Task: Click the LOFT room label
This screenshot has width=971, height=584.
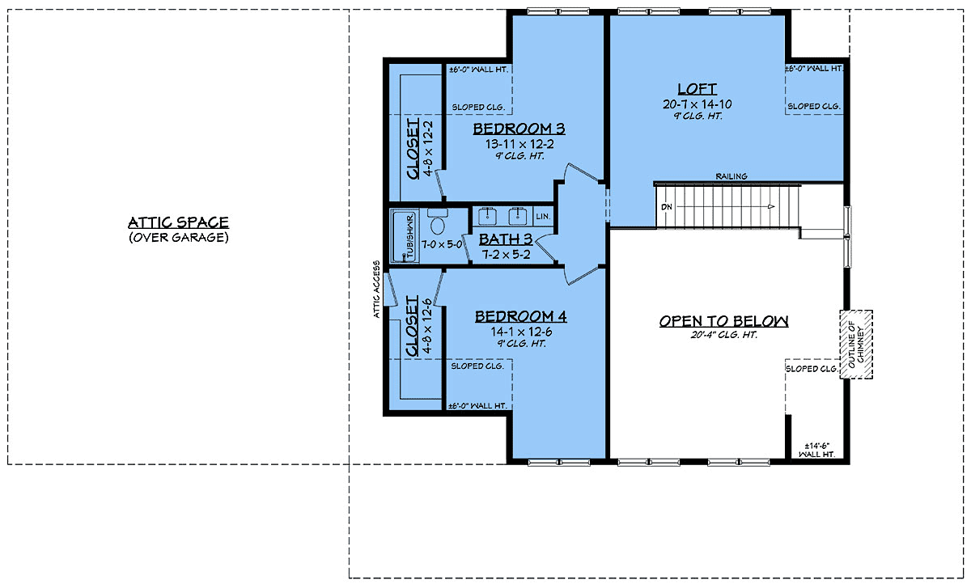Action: coord(697,88)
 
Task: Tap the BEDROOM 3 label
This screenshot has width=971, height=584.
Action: coord(519,129)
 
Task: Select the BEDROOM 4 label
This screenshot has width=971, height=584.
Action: coord(520,316)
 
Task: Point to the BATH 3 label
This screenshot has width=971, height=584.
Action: coord(506,239)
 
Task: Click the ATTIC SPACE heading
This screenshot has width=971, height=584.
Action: coord(178,222)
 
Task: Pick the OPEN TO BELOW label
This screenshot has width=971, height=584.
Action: coord(723,321)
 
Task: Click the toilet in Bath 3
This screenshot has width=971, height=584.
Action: coord(438,223)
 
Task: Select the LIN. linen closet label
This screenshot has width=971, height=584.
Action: coord(542,217)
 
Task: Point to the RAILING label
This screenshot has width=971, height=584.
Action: coord(731,176)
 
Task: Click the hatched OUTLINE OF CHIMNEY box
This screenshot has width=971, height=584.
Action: coord(856,344)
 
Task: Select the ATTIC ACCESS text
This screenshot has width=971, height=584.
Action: coord(378,290)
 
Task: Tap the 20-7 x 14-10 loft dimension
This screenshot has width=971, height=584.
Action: coord(697,104)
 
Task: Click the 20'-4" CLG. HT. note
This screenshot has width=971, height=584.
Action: coord(723,335)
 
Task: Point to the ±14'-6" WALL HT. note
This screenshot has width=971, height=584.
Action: coord(818,451)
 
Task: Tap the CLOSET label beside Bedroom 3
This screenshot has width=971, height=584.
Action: coord(412,147)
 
